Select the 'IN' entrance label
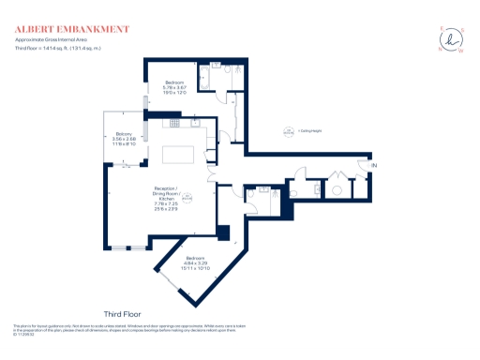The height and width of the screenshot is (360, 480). coord(374,166)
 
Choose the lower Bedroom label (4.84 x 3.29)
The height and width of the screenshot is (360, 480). coord(195,262)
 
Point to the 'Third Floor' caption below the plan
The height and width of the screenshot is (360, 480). coord(125,312)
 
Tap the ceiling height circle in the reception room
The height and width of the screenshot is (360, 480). coord(187,197)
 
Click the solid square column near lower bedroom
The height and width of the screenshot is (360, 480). coord(222,232)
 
